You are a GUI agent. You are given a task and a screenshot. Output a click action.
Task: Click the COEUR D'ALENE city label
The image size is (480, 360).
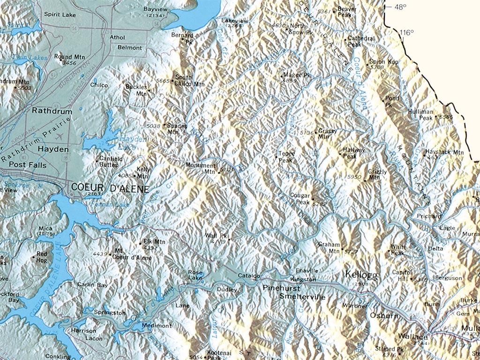[110, 188]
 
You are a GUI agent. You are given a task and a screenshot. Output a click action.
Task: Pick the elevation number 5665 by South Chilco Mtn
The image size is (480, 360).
[162, 81]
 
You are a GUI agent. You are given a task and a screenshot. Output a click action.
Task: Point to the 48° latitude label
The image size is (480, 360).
[400, 7]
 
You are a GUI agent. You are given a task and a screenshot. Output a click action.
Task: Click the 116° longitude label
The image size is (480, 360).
[407, 32]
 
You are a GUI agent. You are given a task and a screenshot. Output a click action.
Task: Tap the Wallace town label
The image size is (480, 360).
[412, 337]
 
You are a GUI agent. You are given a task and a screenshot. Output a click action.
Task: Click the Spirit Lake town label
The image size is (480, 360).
[60, 15]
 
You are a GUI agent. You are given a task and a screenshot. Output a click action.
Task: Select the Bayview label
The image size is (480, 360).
[154, 9]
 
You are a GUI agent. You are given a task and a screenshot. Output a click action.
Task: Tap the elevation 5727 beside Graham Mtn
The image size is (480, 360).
[351, 252]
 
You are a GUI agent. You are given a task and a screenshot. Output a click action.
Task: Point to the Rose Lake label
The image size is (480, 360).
[195, 275]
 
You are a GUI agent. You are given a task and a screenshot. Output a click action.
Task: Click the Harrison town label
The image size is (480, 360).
[84, 330]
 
